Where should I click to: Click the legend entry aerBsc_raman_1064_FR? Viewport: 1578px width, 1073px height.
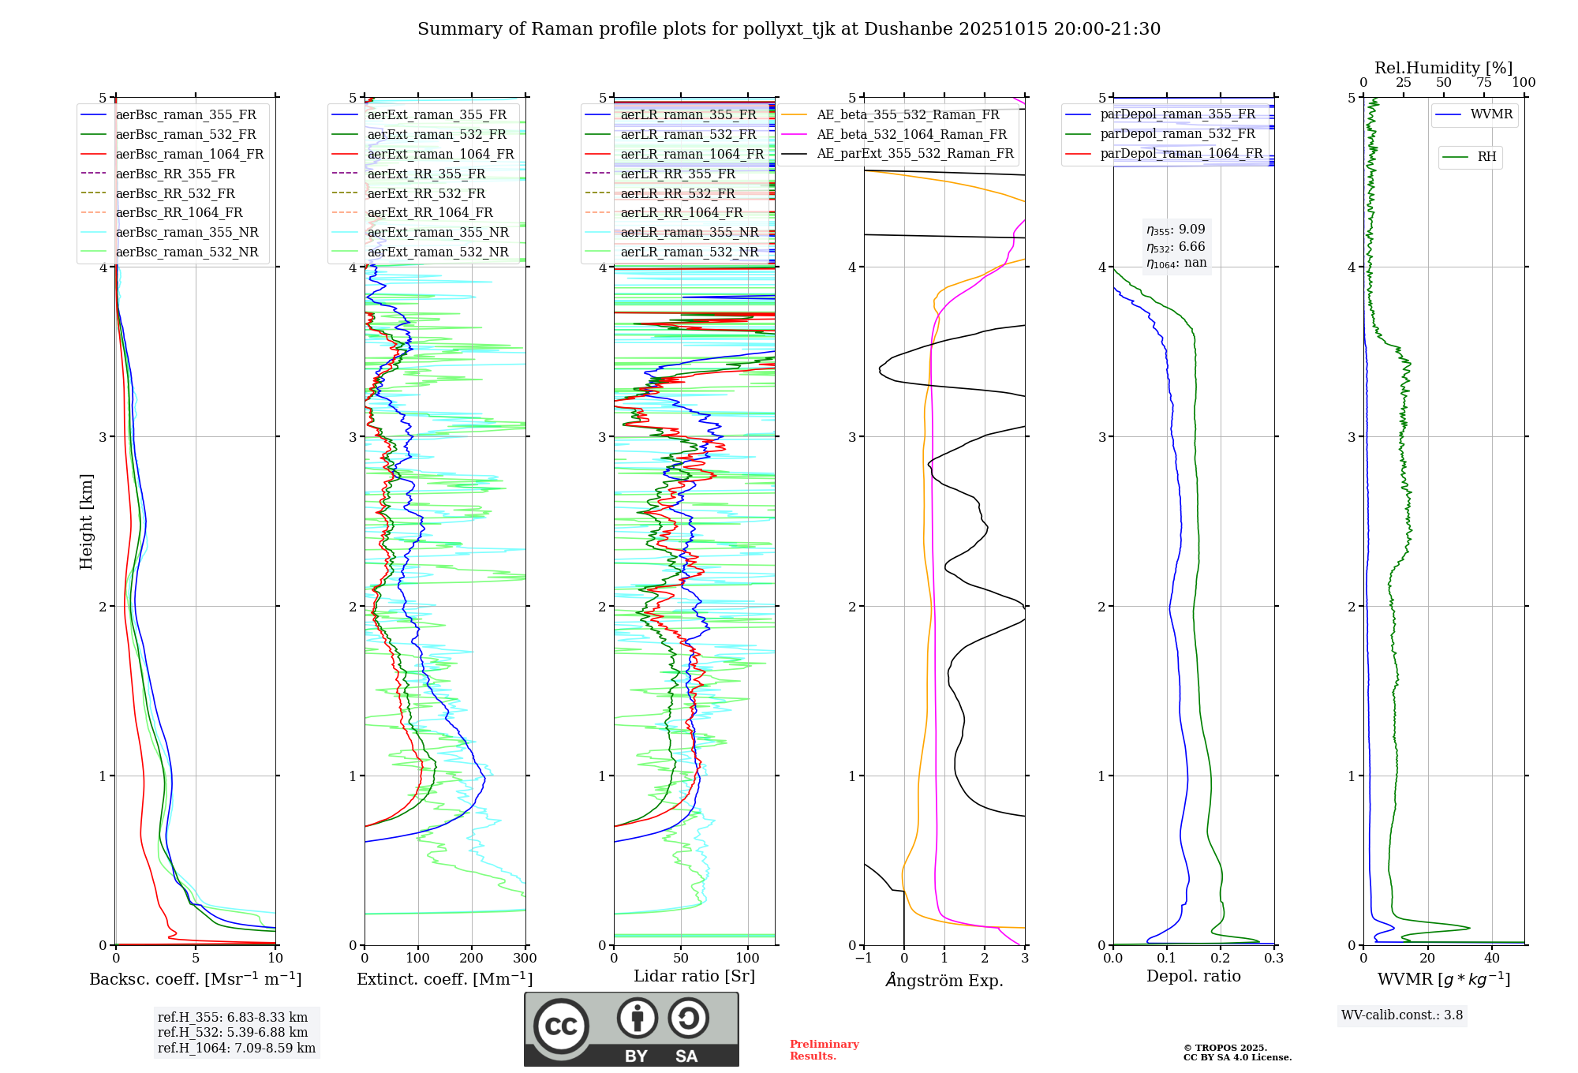click(x=189, y=155)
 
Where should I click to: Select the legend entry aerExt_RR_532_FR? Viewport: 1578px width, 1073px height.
click(x=426, y=193)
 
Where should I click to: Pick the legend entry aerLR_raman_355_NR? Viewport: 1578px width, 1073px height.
click(x=689, y=233)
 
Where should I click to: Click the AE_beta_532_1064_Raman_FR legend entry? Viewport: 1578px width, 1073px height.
click(x=911, y=135)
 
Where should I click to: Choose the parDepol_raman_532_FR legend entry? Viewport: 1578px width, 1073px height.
click(x=1177, y=134)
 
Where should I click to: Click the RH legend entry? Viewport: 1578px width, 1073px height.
click(x=1486, y=157)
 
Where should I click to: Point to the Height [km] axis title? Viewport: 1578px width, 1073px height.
click(x=86, y=522)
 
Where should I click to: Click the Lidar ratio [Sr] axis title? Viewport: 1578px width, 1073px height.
click(x=694, y=976)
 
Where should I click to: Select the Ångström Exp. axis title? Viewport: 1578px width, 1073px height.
click(x=944, y=981)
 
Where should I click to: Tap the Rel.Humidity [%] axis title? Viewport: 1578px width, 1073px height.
click(x=1443, y=68)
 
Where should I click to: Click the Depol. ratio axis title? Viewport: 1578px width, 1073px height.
click(x=1193, y=976)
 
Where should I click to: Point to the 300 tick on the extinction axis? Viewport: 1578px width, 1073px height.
click(x=525, y=959)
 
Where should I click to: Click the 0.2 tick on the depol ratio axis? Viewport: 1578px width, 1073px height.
click(x=1221, y=959)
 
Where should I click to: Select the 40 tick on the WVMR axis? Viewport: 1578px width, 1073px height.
click(x=1491, y=959)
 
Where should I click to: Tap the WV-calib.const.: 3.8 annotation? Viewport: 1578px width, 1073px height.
click(x=1402, y=1015)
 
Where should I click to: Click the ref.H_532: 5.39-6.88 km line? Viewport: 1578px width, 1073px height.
click(x=233, y=1033)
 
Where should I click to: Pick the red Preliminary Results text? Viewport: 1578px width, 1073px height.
click(x=824, y=1050)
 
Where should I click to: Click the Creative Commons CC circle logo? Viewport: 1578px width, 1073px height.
click(x=561, y=1026)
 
